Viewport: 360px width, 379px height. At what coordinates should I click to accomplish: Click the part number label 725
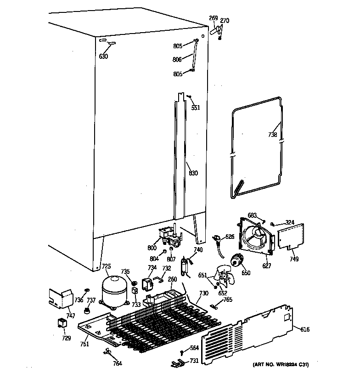click(x=106, y=266)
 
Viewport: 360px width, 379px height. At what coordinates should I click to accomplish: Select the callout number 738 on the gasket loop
click(x=273, y=135)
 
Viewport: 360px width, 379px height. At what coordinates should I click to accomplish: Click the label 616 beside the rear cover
click(x=304, y=329)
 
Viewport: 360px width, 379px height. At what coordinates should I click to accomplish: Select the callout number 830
click(x=193, y=173)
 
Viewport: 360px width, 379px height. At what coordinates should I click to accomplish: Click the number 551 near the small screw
click(x=196, y=108)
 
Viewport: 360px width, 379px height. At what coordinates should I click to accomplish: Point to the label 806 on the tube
click(x=177, y=59)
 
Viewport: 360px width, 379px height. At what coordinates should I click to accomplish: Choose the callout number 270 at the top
click(x=225, y=21)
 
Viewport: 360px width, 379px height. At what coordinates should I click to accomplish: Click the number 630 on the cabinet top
click(x=103, y=57)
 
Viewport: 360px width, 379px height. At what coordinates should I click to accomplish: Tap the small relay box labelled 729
click(x=62, y=323)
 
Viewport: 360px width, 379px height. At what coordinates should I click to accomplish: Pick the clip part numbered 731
click(x=175, y=363)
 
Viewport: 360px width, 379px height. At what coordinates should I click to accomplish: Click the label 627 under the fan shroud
click(x=266, y=266)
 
